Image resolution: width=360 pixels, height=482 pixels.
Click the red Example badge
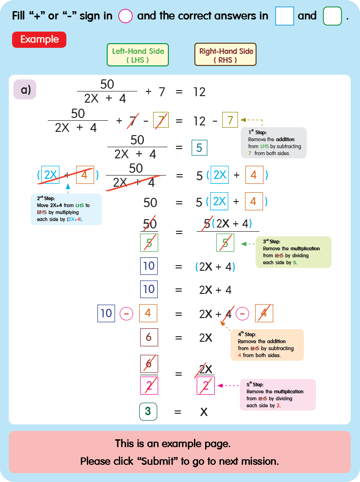click(x=39, y=39)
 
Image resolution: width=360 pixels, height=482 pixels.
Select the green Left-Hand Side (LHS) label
click(x=138, y=55)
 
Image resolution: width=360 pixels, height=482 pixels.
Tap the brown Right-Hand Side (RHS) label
click(x=225, y=55)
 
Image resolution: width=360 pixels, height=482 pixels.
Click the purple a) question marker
click(x=25, y=89)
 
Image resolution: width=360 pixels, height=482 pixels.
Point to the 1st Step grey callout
click(x=273, y=143)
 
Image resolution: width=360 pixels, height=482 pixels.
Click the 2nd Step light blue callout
click(x=66, y=209)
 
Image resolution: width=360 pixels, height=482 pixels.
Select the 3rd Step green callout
click(x=294, y=252)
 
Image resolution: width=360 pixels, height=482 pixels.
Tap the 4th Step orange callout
click(x=267, y=345)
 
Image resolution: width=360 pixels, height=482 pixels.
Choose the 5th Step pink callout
click(x=277, y=395)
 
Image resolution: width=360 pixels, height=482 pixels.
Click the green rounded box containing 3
click(x=148, y=411)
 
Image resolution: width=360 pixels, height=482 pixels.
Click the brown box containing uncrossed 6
click(x=148, y=337)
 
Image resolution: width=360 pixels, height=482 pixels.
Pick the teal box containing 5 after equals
click(x=199, y=148)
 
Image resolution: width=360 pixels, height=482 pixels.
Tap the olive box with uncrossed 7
click(x=230, y=121)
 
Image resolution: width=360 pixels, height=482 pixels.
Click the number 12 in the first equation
click(x=199, y=92)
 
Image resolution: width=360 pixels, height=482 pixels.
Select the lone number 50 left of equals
click(x=150, y=202)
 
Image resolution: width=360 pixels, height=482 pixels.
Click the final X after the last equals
click(x=203, y=411)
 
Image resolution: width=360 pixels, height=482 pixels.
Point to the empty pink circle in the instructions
click(x=125, y=16)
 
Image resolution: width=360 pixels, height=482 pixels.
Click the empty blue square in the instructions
click(x=284, y=16)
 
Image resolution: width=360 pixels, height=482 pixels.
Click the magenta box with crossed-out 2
click(x=206, y=385)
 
